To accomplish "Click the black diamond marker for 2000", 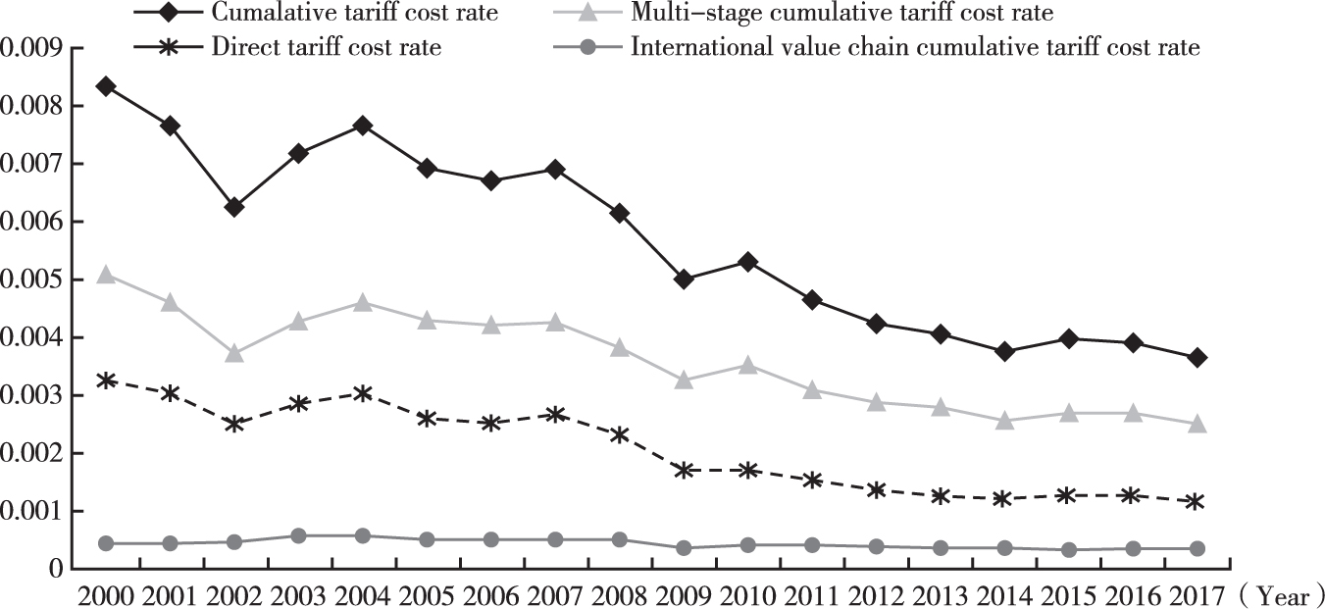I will (x=106, y=86).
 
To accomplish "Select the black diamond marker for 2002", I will (x=234, y=207).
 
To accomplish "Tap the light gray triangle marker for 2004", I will (x=363, y=303).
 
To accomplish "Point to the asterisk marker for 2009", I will (x=684, y=470).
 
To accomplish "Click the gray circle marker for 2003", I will (x=298, y=535).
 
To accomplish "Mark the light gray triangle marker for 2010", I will (x=747, y=365).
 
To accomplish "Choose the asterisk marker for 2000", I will (x=106, y=380).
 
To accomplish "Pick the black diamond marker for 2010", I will (x=747, y=262).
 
